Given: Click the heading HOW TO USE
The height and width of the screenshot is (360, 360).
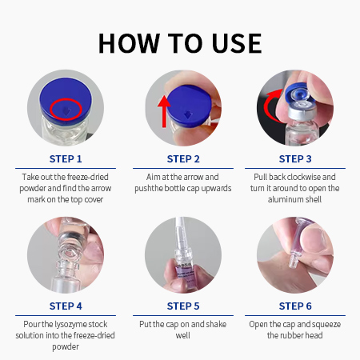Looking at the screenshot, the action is pyautogui.click(x=180, y=43).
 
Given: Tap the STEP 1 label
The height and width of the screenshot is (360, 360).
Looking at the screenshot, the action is pyautogui.click(x=66, y=159).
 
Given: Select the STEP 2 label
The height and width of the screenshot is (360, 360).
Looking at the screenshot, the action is pyautogui.click(x=183, y=159).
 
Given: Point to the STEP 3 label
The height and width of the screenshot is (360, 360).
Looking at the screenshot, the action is pyautogui.click(x=295, y=159).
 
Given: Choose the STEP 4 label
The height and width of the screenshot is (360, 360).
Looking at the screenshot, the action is pyautogui.click(x=66, y=306).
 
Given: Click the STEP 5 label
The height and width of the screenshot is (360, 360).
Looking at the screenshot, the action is pyautogui.click(x=183, y=306).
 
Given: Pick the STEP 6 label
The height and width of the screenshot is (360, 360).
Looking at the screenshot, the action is pyautogui.click(x=295, y=306).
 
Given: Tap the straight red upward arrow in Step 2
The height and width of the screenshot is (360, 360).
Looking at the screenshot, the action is pyautogui.click(x=164, y=111).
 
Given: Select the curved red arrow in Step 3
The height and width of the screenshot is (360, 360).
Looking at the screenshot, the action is pyautogui.click(x=266, y=106).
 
